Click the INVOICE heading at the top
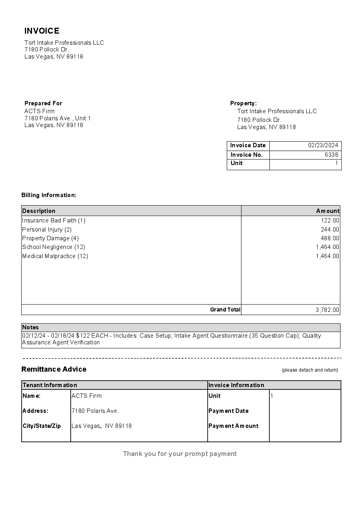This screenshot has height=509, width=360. (x=42, y=31)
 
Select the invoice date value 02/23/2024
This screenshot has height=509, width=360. (x=323, y=145)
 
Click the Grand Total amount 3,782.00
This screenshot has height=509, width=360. (x=327, y=310)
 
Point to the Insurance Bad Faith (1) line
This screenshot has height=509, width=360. (x=54, y=220)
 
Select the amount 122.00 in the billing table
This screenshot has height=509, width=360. (x=330, y=220)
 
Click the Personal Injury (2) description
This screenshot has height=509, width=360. (x=47, y=230)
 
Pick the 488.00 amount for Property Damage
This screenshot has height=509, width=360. (x=330, y=238)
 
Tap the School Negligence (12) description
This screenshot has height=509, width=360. (x=54, y=247)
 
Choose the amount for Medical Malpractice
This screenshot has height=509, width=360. (x=327, y=256)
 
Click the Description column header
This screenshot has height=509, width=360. (x=39, y=211)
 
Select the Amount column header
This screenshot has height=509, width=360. (x=328, y=211)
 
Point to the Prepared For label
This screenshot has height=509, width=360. (x=44, y=103)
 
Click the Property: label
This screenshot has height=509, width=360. (x=243, y=103)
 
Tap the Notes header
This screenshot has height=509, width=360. (x=30, y=327)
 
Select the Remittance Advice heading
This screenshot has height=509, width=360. (x=54, y=369)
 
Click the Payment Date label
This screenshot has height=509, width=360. (x=229, y=411)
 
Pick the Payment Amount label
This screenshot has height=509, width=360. (x=233, y=426)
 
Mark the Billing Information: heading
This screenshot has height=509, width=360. (x=49, y=195)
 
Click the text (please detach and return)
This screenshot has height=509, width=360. (x=310, y=370)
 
